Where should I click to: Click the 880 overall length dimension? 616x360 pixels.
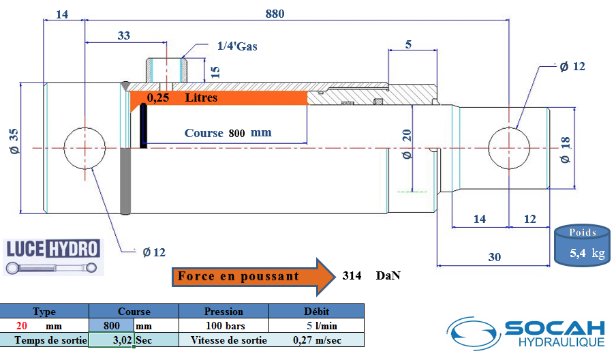tap(275, 14)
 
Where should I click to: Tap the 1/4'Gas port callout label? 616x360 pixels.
tap(237, 46)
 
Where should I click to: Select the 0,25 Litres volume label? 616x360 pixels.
tap(182, 97)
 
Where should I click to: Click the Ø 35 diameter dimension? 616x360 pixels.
tap(14, 141)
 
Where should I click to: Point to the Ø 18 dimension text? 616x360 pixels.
tap(566, 150)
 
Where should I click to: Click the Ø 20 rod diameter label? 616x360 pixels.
tap(407, 144)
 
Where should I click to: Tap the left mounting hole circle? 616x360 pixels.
tap(84, 148)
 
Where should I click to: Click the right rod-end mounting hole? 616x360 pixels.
tap(509, 148)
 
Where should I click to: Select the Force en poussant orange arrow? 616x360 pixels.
tap(253, 277)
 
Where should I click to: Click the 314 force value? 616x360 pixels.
tap(352, 276)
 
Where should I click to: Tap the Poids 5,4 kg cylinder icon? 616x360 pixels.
tap(583, 245)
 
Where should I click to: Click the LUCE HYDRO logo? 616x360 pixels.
tap(53, 257)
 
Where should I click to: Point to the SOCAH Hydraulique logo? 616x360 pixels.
tap(526, 333)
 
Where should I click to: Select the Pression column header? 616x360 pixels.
tap(224, 312)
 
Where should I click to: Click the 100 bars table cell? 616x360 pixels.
tap(225, 326)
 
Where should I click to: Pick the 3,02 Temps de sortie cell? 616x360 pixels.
tap(112, 340)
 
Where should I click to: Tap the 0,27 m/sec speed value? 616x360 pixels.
tap(317, 340)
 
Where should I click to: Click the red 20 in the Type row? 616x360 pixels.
tap(22, 326)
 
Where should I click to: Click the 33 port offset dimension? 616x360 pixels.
tap(124, 35)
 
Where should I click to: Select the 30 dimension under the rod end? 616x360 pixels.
tap(494, 258)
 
